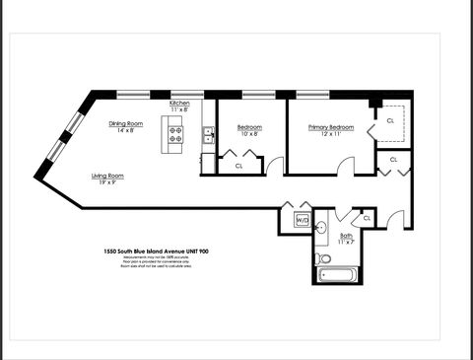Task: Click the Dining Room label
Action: pos(126,124)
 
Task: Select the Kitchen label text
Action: pos(179,104)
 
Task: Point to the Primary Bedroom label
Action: pos(330,127)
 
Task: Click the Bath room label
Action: pos(347,237)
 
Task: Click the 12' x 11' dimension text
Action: pos(330,135)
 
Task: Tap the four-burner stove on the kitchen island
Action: pos(176,135)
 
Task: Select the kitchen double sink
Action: pos(208,136)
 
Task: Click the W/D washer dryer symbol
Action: pos(303,219)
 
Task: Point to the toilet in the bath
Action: pos(323,259)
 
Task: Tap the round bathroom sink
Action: pos(321,228)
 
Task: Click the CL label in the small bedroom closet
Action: pos(238,166)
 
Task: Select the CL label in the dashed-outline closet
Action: pos(390,119)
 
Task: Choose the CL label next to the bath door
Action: pos(367,217)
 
